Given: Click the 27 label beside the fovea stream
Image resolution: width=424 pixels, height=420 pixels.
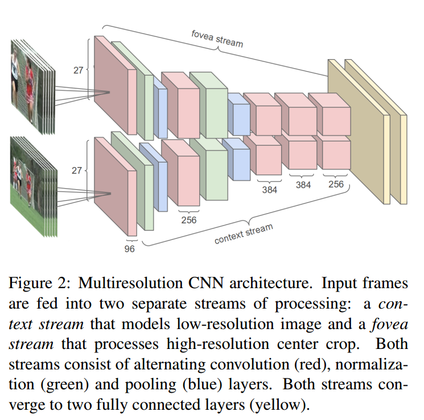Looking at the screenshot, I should (79, 72).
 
